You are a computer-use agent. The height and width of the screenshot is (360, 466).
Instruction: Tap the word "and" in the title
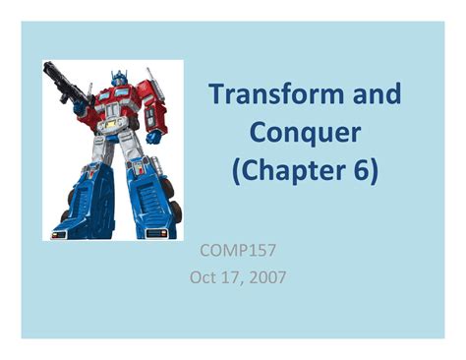click(x=377, y=95)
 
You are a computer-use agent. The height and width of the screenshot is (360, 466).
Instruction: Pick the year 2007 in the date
click(x=266, y=277)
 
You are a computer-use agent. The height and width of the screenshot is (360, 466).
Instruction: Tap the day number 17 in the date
click(x=233, y=277)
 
